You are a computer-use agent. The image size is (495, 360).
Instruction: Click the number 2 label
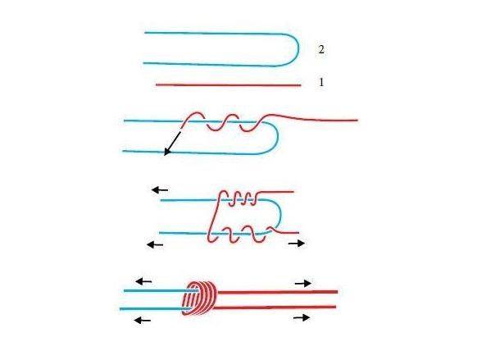pyautogui.click(x=321, y=50)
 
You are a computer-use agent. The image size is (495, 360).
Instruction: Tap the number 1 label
pyautogui.click(x=321, y=83)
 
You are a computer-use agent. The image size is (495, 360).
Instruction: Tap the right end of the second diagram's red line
pyautogui.click(x=356, y=121)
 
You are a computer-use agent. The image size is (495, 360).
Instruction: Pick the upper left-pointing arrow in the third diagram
pyautogui.click(x=160, y=189)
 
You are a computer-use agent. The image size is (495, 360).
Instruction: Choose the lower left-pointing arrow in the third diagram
pyautogui.click(x=152, y=243)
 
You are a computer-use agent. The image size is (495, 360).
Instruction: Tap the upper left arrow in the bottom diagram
pyautogui.click(x=143, y=281)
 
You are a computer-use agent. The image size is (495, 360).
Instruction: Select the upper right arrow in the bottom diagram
pyautogui.click(x=302, y=283)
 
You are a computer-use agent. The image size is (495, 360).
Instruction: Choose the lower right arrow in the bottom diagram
pyautogui.click(x=302, y=317)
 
